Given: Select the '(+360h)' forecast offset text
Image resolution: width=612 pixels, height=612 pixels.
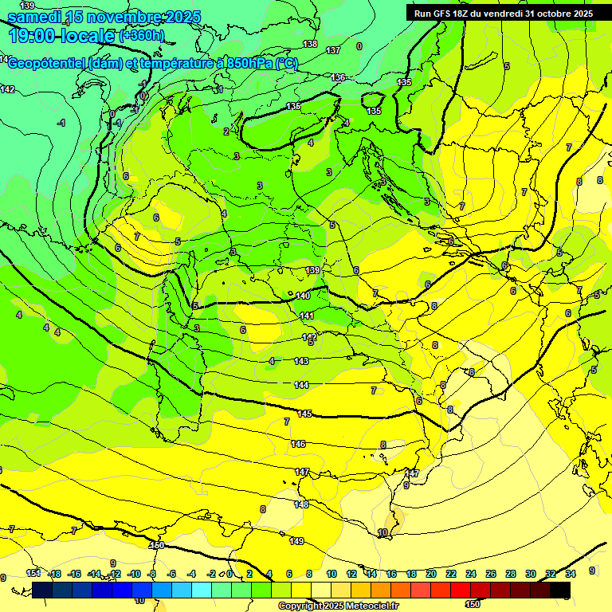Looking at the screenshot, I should coord(142,36).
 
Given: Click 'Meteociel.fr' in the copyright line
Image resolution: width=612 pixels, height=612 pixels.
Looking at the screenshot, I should coord(368,606).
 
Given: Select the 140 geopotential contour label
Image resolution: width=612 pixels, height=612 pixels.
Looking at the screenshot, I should coord(303,296).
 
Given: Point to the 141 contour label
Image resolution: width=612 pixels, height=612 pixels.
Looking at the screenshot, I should coord(307,316).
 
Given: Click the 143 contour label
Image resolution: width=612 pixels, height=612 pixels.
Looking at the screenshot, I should coord(301,361).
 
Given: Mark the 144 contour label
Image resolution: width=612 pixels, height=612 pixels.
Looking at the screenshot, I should coord(301,385).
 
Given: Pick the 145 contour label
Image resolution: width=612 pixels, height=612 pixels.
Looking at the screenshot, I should coord(305,414).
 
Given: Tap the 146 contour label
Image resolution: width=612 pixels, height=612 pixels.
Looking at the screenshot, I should coord(298,444).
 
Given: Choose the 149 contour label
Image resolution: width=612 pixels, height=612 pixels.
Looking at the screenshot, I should coord(296,541).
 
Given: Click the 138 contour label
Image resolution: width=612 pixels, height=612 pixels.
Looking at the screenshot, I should coord(310,44).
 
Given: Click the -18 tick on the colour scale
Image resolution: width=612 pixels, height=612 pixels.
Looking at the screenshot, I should coord(55,574).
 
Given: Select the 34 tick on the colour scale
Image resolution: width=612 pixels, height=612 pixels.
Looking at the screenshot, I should coord(571,574).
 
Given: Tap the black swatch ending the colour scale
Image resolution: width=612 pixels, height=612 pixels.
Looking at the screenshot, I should coord(560,590).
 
